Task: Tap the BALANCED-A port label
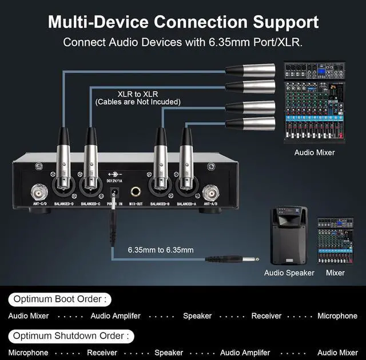pyautogui.click(x=187, y=204)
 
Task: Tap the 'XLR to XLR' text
pyautogui.click(x=137, y=94)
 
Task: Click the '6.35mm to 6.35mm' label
pyautogui.click(x=160, y=250)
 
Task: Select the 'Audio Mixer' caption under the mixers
pyautogui.click(x=315, y=153)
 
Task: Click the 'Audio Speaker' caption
pyautogui.click(x=289, y=273)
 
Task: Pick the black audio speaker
pyautogui.click(x=289, y=236)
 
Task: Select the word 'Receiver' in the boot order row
pyautogui.click(x=266, y=316)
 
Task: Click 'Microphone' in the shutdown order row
pyautogui.click(x=28, y=353)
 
